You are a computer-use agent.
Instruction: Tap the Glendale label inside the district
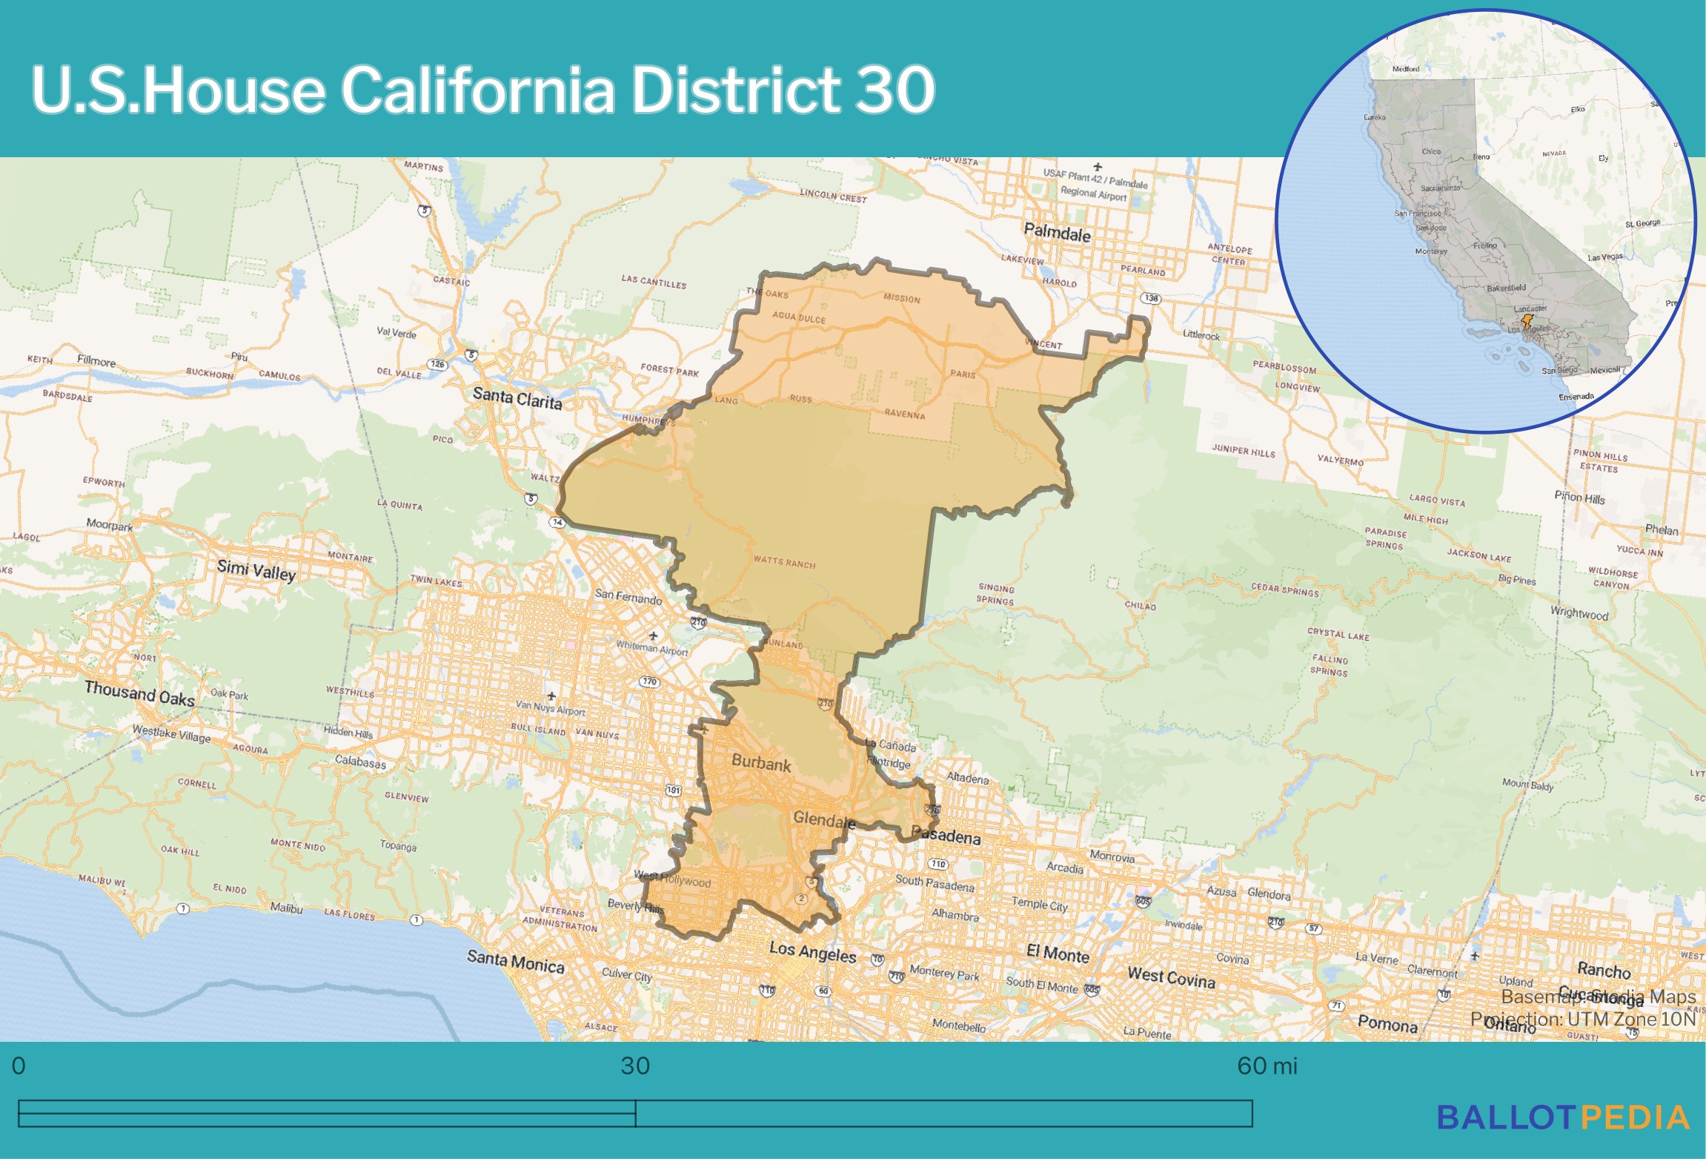tap(823, 819)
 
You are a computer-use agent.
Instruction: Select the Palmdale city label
tap(1057, 233)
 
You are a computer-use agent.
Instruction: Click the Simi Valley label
tap(256, 569)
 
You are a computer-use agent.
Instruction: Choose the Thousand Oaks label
tap(139, 693)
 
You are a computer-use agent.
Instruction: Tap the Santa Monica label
tap(515, 962)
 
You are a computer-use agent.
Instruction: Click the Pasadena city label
tap(946, 836)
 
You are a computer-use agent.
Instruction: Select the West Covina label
tap(1171, 977)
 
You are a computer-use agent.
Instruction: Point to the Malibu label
tap(286, 908)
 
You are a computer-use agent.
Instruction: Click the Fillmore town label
tap(96, 361)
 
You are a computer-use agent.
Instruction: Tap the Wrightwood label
tap(1579, 613)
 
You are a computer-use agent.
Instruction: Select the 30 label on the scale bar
tap(635, 1066)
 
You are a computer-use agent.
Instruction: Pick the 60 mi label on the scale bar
tap(1267, 1066)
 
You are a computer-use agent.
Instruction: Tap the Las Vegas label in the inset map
tap(1604, 257)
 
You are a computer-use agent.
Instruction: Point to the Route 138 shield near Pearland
tap(1151, 298)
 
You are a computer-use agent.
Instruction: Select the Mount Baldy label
tap(1527, 784)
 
